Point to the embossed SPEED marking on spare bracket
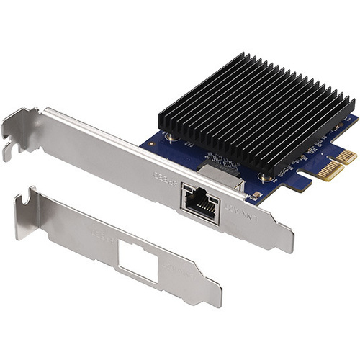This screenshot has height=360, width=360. [x=101, y=234]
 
